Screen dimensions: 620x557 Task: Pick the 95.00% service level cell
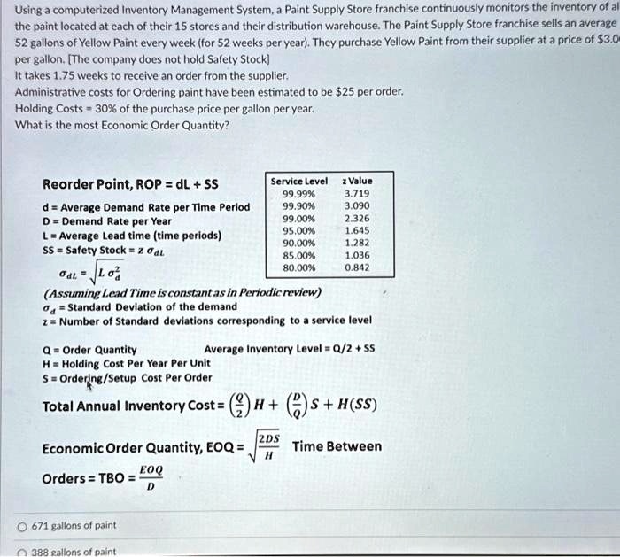(x=298, y=228)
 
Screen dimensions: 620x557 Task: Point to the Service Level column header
(x=298, y=181)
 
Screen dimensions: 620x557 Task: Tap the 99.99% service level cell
(x=298, y=192)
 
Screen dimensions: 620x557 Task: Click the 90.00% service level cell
(x=298, y=241)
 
